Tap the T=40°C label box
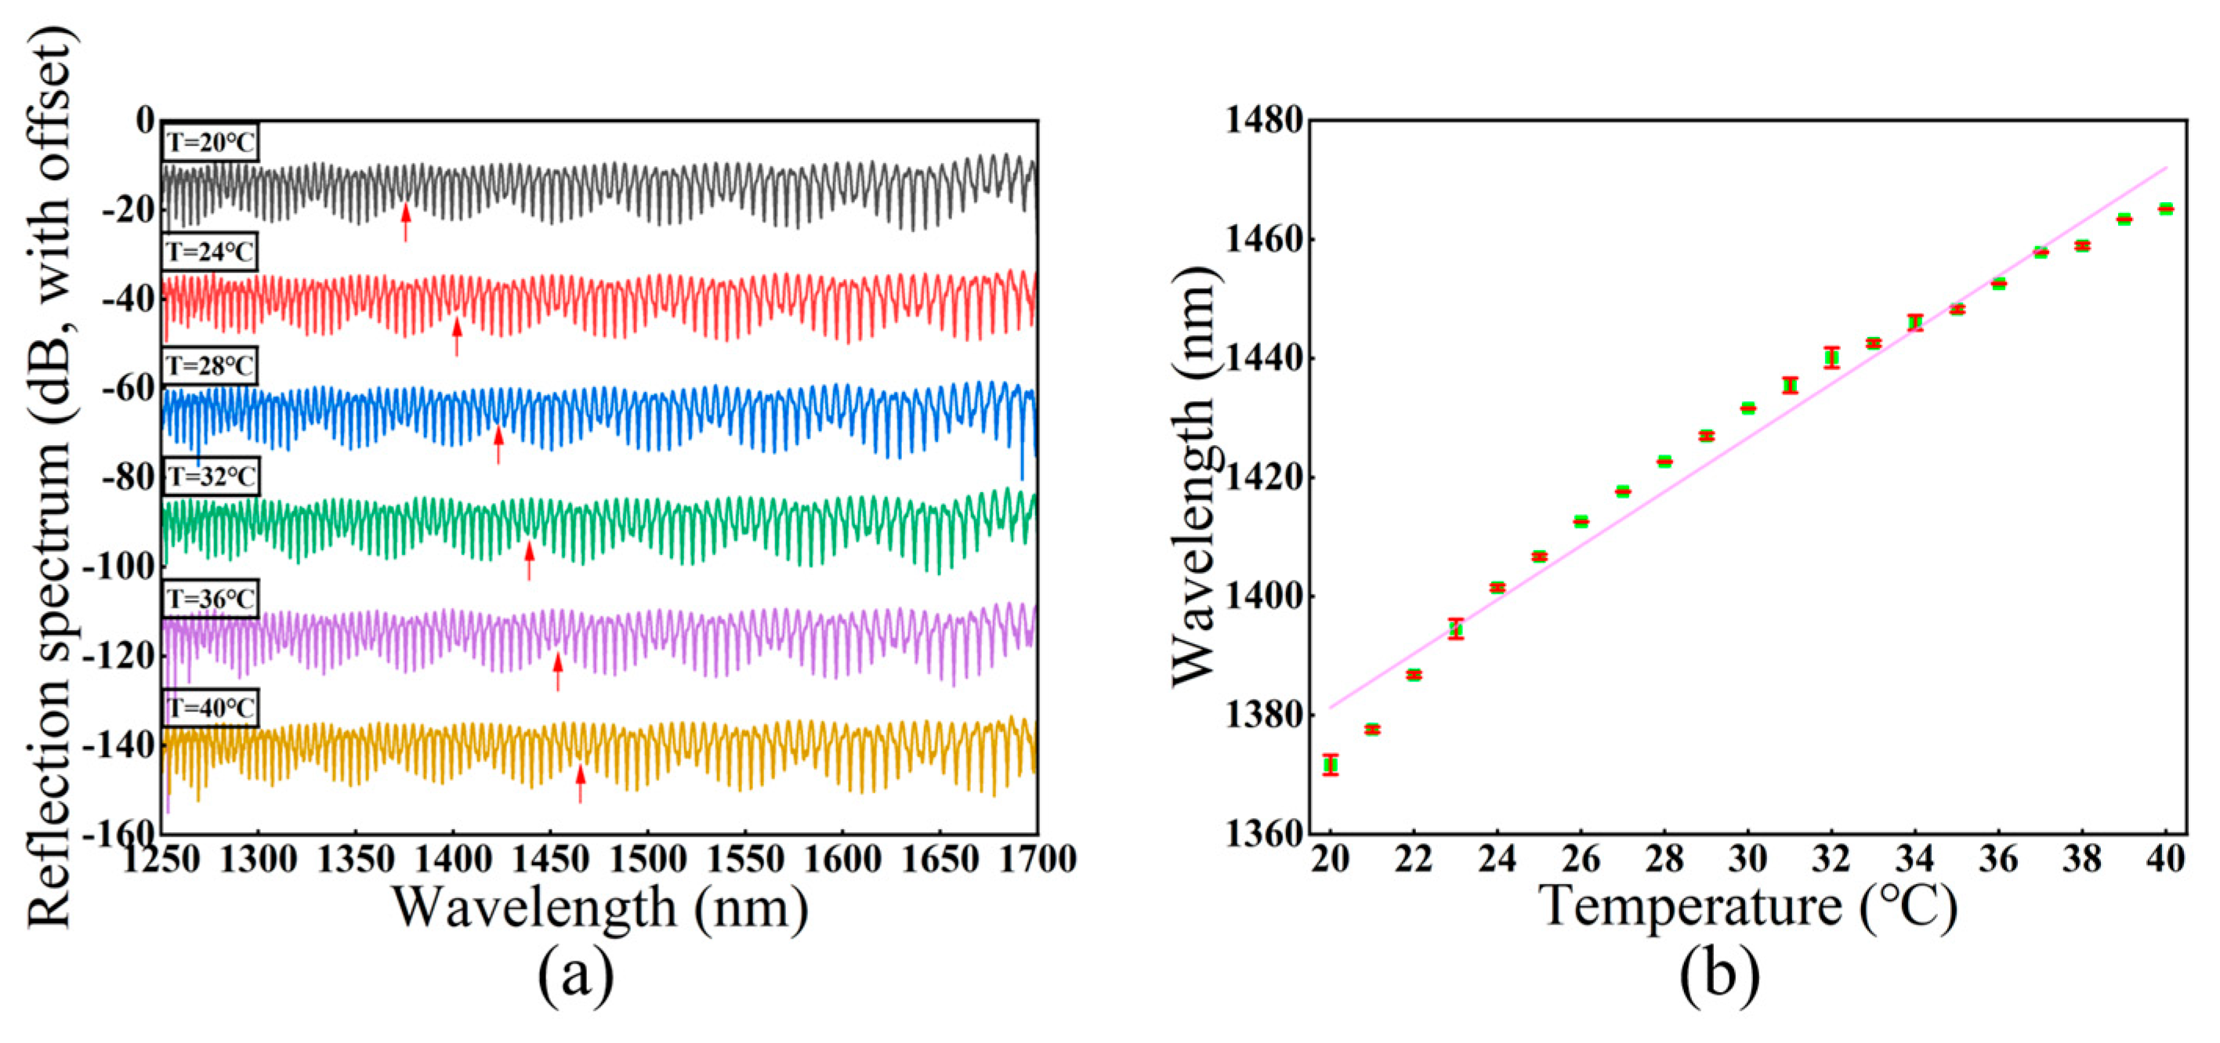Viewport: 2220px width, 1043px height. click(x=209, y=708)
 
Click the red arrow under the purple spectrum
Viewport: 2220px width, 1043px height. click(x=558, y=672)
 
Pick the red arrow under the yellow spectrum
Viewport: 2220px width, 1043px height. click(x=580, y=784)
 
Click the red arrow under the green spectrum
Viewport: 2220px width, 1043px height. click(x=529, y=560)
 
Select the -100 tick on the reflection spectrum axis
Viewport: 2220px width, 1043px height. click(x=118, y=567)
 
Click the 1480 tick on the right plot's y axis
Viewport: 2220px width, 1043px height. click(x=1262, y=120)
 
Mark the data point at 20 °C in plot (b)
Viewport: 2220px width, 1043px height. click(x=1331, y=765)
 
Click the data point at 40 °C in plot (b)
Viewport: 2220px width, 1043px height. click(x=2166, y=208)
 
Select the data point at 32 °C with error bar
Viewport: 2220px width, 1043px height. click(x=1831, y=357)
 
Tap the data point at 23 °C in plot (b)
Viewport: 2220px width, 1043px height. click(x=1456, y=629)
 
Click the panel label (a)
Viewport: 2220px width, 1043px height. click(x=576, y=975)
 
